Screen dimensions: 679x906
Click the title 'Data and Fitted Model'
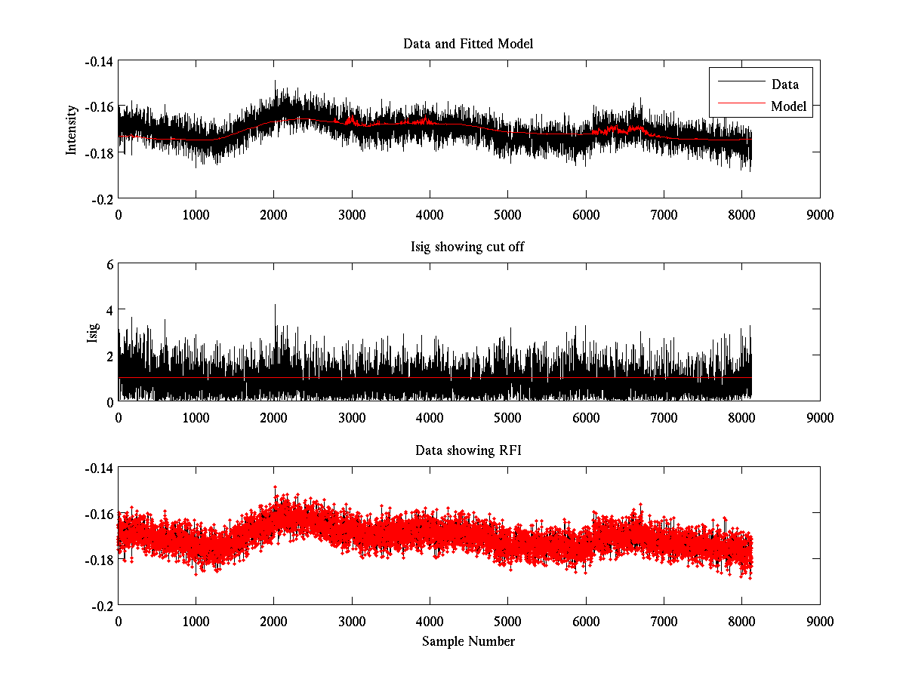point(468,44)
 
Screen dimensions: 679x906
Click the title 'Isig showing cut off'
point(468,247)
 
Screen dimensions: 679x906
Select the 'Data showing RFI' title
point(468,450)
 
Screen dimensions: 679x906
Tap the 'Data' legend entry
point(784,84)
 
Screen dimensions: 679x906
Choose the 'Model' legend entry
point(788,106)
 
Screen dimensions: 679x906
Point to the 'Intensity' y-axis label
point(72,129)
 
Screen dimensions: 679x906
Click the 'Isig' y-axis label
point(93,333)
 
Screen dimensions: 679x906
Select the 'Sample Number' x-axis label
point(468,641)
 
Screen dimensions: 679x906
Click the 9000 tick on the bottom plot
point(820,621)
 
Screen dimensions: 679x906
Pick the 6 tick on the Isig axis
point(109,264)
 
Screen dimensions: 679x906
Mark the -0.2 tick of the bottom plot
point(103,605)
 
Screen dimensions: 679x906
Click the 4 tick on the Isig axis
point(109,309)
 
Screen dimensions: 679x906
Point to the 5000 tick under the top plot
point(507,214)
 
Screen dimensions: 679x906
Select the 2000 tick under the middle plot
point(273,417)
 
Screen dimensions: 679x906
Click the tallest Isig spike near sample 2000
point(275,305)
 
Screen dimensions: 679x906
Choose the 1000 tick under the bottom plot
point(196,621)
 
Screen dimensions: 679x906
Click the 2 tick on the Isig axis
point(109,355)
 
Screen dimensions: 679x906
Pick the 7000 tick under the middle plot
point(664,417)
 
